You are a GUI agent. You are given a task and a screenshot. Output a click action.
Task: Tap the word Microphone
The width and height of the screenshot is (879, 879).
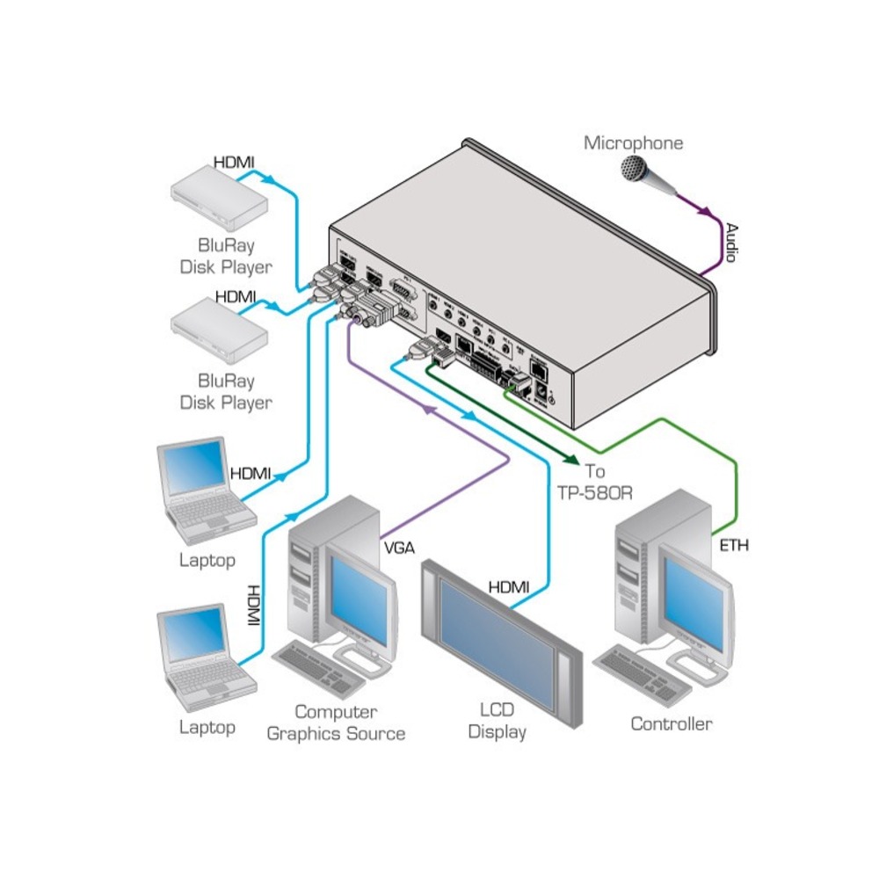[x=633, y=142]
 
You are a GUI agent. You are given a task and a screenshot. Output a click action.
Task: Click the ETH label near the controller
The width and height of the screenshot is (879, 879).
[x=734, y=546]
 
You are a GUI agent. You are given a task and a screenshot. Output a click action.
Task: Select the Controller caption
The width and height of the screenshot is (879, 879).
[x=672, y=724]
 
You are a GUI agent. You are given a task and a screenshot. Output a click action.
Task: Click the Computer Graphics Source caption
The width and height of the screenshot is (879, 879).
[x=336, y=723]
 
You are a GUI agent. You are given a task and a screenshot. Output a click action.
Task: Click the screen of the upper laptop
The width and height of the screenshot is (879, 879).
[x=195, y=469]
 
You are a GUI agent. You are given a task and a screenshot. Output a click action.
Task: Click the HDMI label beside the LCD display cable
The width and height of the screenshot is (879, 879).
[x=509, y=586]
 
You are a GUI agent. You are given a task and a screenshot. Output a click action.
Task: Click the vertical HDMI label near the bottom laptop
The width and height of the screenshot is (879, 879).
[x=254, y=606]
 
